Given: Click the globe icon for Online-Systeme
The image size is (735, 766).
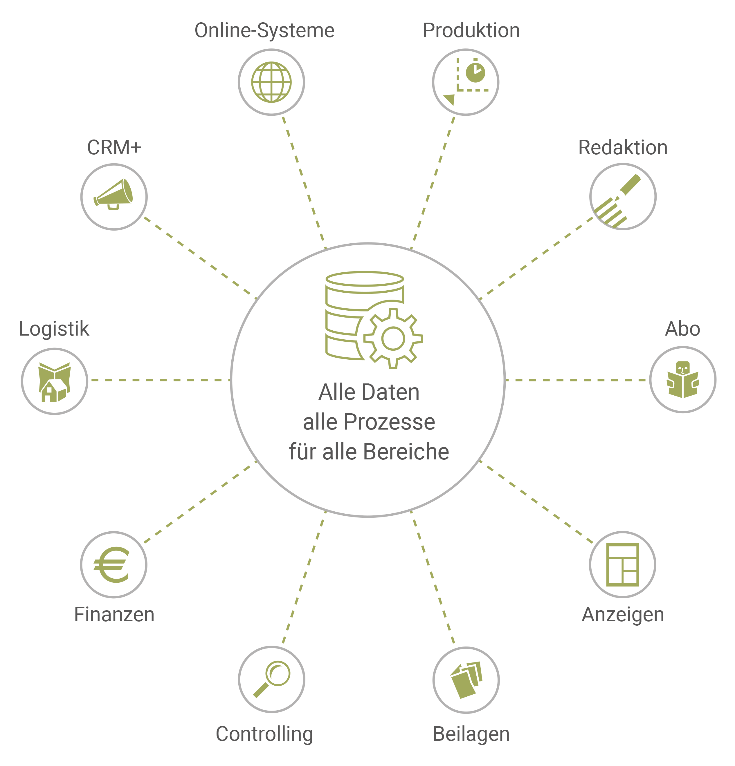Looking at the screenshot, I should coord(271,82).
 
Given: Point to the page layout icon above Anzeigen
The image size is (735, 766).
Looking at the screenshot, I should coord(622,564).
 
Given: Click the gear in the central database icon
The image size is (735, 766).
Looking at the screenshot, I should coord(393,338).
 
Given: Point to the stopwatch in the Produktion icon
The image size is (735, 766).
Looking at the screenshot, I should coord(475,72).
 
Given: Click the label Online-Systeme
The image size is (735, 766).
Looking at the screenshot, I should coord(264,30).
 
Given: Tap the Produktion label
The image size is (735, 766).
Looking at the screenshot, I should coord(471,30).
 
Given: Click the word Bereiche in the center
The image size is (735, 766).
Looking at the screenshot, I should coord(406,452).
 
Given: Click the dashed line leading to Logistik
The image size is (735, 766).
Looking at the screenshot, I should coord(158,380).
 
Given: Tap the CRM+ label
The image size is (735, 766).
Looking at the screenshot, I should coord(114,148).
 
